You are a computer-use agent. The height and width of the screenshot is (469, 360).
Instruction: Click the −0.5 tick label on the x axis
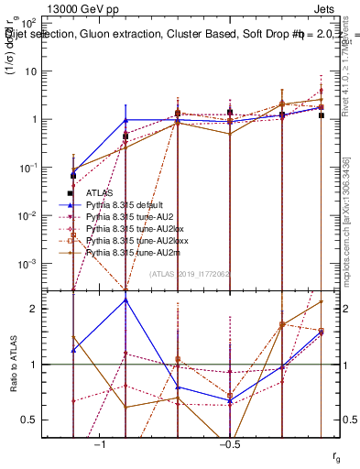point(229,443)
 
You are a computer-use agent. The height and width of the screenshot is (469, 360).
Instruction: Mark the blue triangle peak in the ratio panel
point(125,300)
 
